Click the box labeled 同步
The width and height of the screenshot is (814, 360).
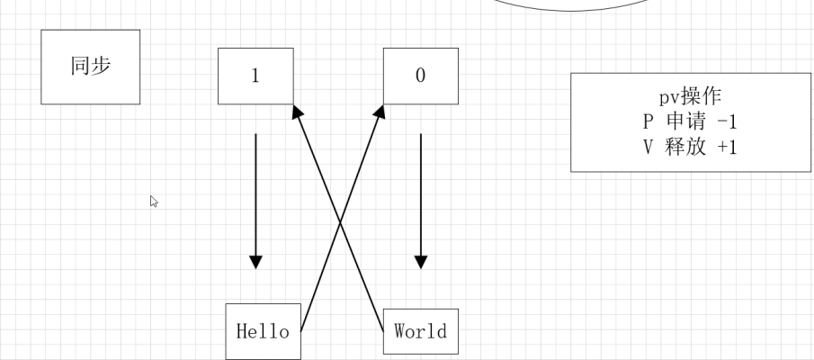click(x=90, y=67)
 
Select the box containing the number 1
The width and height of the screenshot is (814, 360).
click(x=255, y=76)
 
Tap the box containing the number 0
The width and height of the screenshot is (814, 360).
click(x=420, y=76)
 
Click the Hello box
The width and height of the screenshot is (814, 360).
click(x=263, y=331)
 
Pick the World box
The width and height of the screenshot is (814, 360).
click(x=420, y=330)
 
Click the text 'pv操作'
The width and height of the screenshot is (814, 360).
click(x=690, y=98)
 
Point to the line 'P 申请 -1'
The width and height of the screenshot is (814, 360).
click(x=690, y=122)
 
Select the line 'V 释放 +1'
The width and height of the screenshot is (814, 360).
click(x=690, y=147)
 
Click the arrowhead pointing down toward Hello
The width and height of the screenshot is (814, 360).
click(x=255, y=262)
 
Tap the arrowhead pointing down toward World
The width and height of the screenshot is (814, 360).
click(x=420, y=262)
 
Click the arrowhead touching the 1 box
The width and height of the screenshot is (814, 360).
click(x=298, y=112)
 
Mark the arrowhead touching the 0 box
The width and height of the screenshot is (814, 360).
click(x=379, y=112)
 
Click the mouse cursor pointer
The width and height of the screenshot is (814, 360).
click(x=154, y=202)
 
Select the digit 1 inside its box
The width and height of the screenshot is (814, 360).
click(x=255, y=76)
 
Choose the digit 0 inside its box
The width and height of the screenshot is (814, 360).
click(x=420, y=76)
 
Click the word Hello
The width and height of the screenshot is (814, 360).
click(x=263, y=331)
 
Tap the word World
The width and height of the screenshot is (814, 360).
click(x=420, y=330)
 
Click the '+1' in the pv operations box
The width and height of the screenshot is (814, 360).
click(x=726, y=147)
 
